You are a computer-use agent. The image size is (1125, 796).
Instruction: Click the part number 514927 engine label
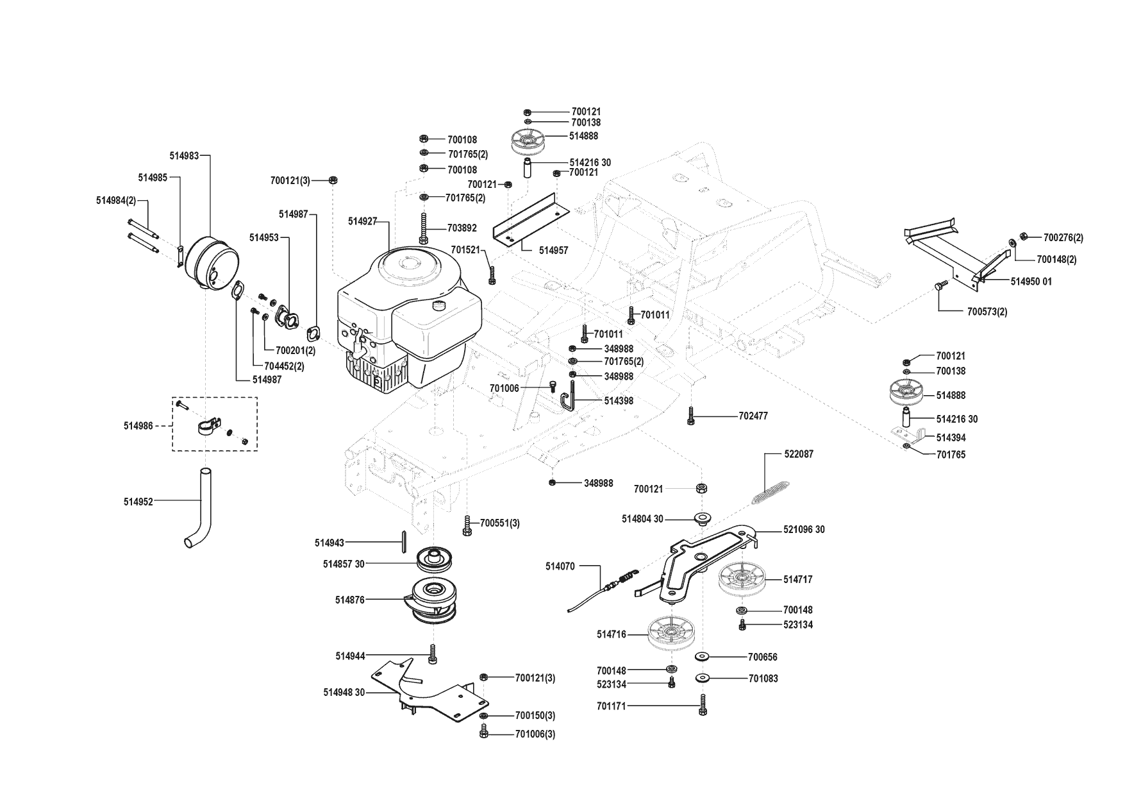coord(362,221)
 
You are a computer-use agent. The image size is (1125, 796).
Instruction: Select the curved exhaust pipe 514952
coord(199,508)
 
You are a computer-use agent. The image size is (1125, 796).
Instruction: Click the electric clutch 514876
coord(436,600)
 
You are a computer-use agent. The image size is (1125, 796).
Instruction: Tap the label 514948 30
coord(344,693)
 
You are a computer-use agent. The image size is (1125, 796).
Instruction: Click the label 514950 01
coord(1031,282)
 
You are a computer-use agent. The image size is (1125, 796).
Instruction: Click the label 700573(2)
coord(987,312)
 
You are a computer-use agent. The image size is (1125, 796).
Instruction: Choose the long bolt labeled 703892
coord(423,228)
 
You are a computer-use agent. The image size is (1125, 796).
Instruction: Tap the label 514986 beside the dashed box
coord(138,425)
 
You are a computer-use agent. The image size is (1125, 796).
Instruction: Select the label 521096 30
coord(804,530)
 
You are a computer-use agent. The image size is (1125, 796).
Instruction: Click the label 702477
coord(753,416)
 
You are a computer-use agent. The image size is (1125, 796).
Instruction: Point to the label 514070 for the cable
coord(560,566)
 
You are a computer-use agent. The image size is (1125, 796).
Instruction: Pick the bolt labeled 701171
coord(703,705)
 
